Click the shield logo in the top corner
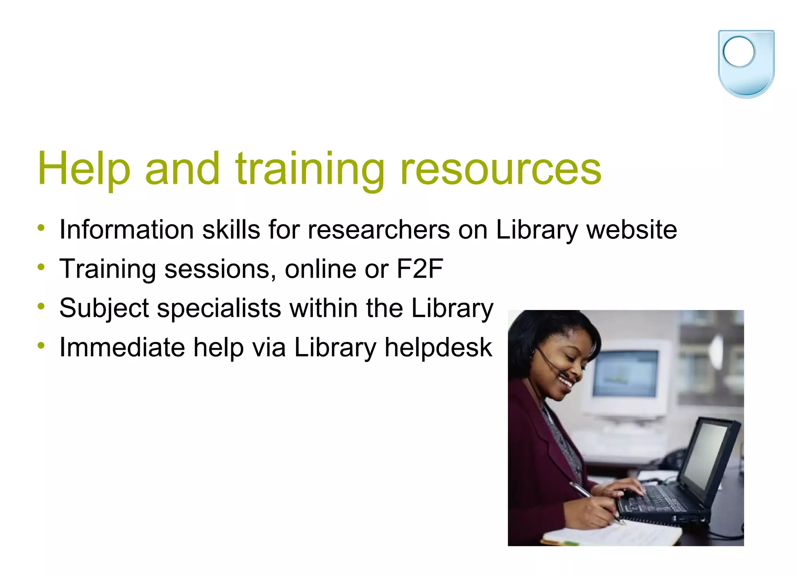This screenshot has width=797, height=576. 746,63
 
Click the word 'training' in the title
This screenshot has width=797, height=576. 310,169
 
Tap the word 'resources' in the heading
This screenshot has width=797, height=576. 500,169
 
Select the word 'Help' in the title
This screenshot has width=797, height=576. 84,169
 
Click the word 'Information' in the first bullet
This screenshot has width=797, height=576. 126,229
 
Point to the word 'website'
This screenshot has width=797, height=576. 631,229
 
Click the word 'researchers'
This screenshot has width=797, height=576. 379,229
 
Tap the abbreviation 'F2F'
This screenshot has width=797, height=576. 420,269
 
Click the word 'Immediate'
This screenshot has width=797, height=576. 122,347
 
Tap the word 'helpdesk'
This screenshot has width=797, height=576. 438,347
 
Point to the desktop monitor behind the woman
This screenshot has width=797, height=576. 627,374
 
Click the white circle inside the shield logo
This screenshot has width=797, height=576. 738,52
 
